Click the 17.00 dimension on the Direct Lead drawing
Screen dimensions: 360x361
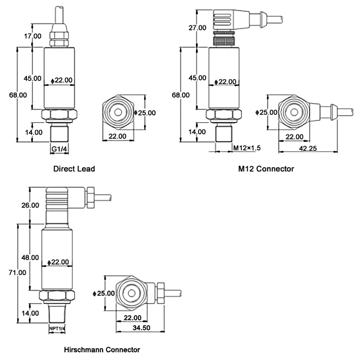coord(32,36)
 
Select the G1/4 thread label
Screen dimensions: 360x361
coord(59,149)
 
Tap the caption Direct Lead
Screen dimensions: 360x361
coord(74,169)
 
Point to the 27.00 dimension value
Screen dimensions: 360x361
coord(197,28)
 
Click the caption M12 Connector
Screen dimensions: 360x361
coord(266,169)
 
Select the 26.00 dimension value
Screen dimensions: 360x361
coord(30,205)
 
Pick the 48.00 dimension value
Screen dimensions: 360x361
coord(30,257)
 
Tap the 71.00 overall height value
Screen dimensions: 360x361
coord(17,272)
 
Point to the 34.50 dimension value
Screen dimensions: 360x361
coord(141,328)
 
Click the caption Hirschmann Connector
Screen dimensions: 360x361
coord(102,350)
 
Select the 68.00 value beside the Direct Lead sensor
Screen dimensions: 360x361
coord(18,95)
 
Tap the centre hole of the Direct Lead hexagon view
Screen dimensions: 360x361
coord(118,112)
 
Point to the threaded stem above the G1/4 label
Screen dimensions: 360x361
coord(59,133)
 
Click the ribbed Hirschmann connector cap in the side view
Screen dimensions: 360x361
coord(57,199)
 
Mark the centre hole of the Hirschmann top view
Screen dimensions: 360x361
coord(132,293)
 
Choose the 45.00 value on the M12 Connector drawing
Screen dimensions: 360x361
coord(197,78)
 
